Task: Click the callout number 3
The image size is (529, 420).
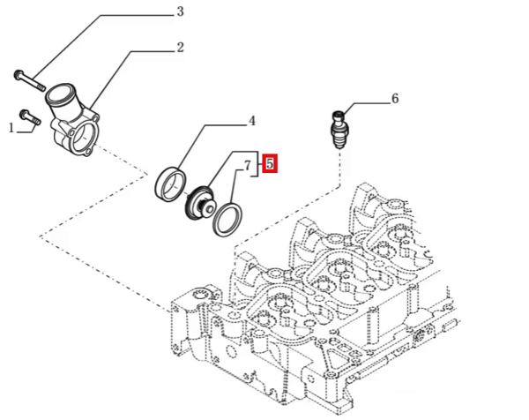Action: (180, 11)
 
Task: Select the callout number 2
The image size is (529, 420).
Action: (180, 47)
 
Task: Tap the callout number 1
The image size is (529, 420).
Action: (12, 128)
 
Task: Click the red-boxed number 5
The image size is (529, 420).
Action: (271, 163)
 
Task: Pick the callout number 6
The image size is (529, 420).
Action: (394, 99)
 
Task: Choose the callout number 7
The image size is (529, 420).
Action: (248, 164)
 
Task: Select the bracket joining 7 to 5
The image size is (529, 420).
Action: (258, 163)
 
